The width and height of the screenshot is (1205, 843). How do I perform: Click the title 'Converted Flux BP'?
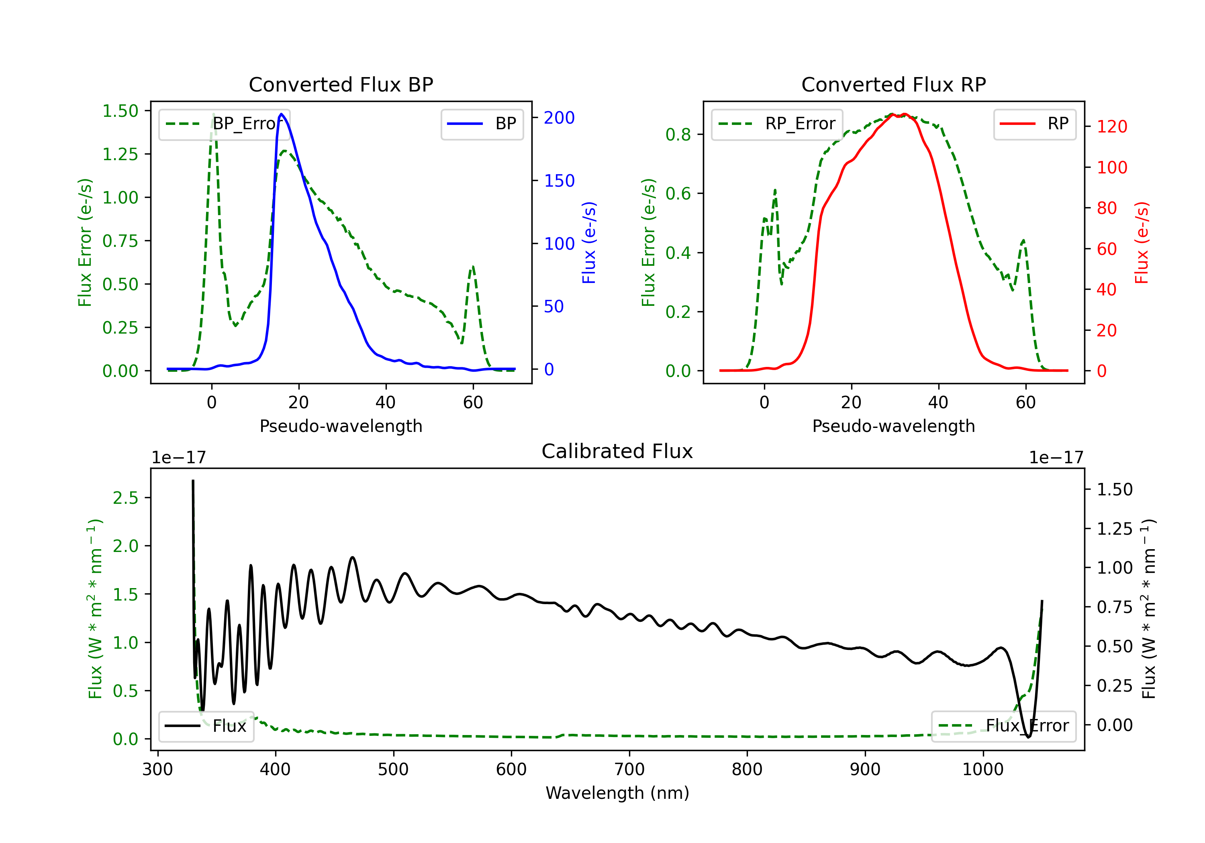(x=341, y=84)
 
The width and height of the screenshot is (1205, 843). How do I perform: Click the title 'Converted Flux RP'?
(x=893, y=84)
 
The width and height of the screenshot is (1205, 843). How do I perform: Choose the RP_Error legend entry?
(x=777, y=124)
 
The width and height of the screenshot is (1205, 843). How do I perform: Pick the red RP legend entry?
(x=1034, y=124)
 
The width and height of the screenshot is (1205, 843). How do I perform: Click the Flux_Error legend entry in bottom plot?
(x=1003, y=726)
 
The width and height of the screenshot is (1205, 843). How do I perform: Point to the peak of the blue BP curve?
(x=281, y=114)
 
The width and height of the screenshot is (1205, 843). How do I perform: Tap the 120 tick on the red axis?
(x=1111, y=126)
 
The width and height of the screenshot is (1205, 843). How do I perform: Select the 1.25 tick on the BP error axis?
(x=120, y=154)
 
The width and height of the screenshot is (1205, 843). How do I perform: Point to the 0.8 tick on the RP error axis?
(x=678, y=134)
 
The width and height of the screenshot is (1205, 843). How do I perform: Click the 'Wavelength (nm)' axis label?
(x=617, y=793)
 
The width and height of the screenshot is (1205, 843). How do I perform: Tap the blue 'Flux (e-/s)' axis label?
(x=588, y=242)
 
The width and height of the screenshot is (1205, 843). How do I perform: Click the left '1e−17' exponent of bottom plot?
(x=178, y=458)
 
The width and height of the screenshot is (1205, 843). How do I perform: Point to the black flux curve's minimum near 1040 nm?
(x=1028, y=737)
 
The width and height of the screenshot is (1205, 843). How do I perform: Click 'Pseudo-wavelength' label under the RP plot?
(x=893, y=426)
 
